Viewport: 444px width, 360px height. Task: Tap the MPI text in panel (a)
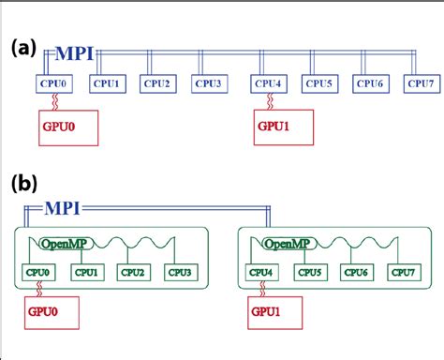tap(74, 53)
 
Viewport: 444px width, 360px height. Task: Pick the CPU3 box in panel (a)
tap(209, 83)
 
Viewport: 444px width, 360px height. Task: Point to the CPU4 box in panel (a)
tap(267, 83)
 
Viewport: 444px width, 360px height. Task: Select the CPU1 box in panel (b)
tap(86, 272)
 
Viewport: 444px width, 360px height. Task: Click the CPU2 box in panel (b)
tap(133, 272)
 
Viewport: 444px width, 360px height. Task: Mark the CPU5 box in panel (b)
tap(311, 272)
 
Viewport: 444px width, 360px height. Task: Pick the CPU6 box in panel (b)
tap(357, 272)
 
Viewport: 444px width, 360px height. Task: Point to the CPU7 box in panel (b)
tap(403, 272)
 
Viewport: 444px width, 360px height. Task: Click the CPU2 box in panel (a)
tap(157, 83)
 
